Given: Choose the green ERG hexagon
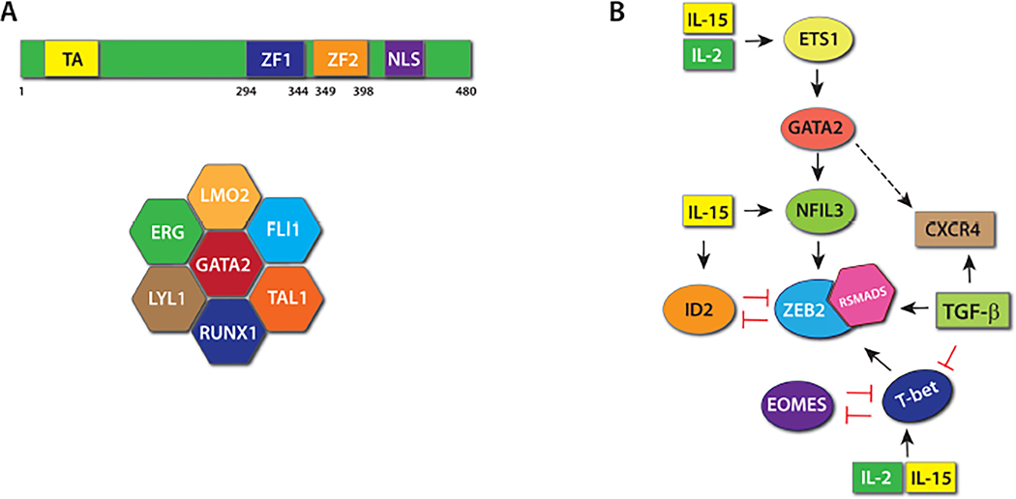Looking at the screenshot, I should point(162,233).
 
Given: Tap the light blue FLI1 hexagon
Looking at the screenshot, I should point(285,233).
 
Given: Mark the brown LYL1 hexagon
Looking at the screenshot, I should point(162,297).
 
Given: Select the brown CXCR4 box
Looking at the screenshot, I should point(959,231).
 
